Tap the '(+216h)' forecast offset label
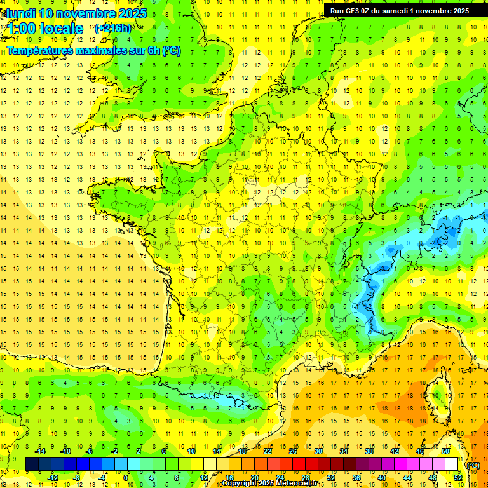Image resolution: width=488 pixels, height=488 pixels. [112, 28]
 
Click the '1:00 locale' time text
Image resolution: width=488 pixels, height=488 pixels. [46, 29]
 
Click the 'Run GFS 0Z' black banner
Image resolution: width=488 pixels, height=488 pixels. [397, 11]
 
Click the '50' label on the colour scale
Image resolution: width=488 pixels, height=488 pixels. [445, 451]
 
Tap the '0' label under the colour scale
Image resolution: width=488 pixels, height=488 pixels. [126, 477]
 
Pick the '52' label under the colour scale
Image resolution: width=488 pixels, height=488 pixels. [458, 477]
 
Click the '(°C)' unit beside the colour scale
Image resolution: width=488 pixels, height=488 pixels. [473, 464]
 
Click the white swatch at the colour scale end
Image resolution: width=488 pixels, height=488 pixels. [452, 464]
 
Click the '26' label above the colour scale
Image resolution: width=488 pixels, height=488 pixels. [293, 451]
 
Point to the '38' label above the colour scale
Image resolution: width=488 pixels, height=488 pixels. [369, 451]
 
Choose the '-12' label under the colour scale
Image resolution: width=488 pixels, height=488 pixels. [53, 477]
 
